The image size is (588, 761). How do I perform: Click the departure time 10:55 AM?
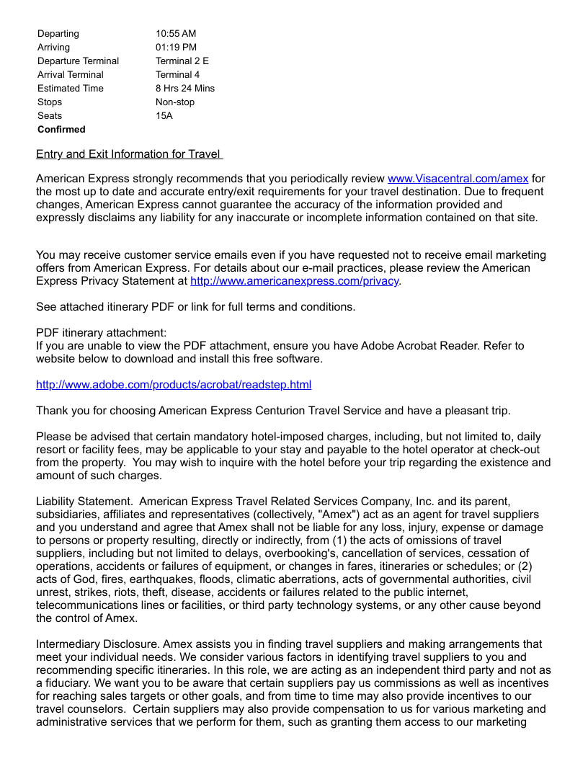pos(176,34)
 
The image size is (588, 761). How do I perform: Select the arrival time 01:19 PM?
pos(176,48)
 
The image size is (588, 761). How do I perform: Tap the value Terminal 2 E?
pos(182,61)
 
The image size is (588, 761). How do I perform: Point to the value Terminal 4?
pos(178,75)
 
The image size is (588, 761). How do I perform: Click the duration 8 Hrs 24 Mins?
pos(185,89)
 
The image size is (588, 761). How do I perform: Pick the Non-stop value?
pos(175,102)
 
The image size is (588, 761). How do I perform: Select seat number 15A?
pos(164,116)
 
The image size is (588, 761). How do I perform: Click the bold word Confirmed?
pos(61,130)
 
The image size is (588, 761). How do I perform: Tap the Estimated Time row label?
pos(71,89)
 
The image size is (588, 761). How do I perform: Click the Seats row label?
pos(50,116)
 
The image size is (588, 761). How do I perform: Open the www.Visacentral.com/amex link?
pos(458,178)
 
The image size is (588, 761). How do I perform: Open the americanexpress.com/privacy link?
pos(294,281)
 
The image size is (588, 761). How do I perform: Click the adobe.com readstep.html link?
pos(174,385)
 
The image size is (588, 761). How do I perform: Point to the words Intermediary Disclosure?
pos(97,644)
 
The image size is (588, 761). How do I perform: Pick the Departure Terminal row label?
pos(79,61)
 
